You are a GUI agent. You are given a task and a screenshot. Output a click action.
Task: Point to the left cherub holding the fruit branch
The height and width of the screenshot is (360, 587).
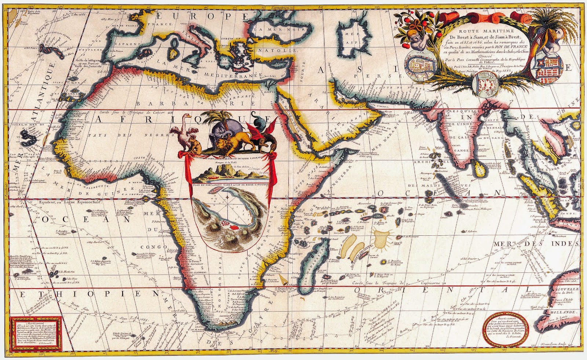pyautogui.click(x=418, y=41)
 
